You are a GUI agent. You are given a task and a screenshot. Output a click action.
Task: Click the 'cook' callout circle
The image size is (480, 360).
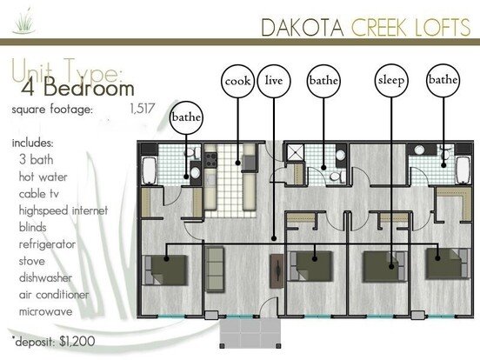point(238,81)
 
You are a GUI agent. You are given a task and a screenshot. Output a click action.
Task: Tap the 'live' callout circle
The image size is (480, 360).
point(274,81)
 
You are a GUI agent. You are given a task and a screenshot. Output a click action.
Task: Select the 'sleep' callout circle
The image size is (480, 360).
point(391,81)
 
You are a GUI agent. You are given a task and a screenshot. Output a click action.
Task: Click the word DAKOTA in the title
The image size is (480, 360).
point(303,28)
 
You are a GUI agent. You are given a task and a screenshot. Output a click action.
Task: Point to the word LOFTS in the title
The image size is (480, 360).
point(443,27)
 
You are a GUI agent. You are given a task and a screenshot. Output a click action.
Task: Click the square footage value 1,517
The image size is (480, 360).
point(143,109)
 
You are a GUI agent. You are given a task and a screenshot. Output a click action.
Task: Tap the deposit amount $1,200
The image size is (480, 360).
point(77,342)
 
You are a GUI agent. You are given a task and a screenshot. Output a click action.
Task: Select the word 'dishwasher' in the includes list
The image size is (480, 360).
point(45,277)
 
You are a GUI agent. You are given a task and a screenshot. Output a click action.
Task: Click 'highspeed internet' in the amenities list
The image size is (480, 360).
point(63,210)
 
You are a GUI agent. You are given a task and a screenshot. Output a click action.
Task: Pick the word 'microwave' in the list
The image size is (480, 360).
point(46,311)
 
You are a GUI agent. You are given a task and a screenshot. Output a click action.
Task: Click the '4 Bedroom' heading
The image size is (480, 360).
point(77,88)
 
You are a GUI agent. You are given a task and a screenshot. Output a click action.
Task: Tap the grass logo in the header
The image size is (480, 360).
point(23,21)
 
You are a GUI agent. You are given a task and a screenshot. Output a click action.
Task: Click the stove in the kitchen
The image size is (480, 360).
point(210,160)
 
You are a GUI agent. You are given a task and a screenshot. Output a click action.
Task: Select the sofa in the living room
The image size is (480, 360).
point(215,269)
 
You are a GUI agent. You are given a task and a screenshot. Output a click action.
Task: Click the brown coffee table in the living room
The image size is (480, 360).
point(277,270)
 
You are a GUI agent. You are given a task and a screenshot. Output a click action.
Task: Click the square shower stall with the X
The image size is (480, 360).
point(295,152)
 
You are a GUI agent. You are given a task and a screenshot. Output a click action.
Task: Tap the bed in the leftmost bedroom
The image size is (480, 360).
point(165,270)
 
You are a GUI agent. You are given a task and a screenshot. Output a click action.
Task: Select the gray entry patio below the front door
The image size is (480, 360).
point(250,334)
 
